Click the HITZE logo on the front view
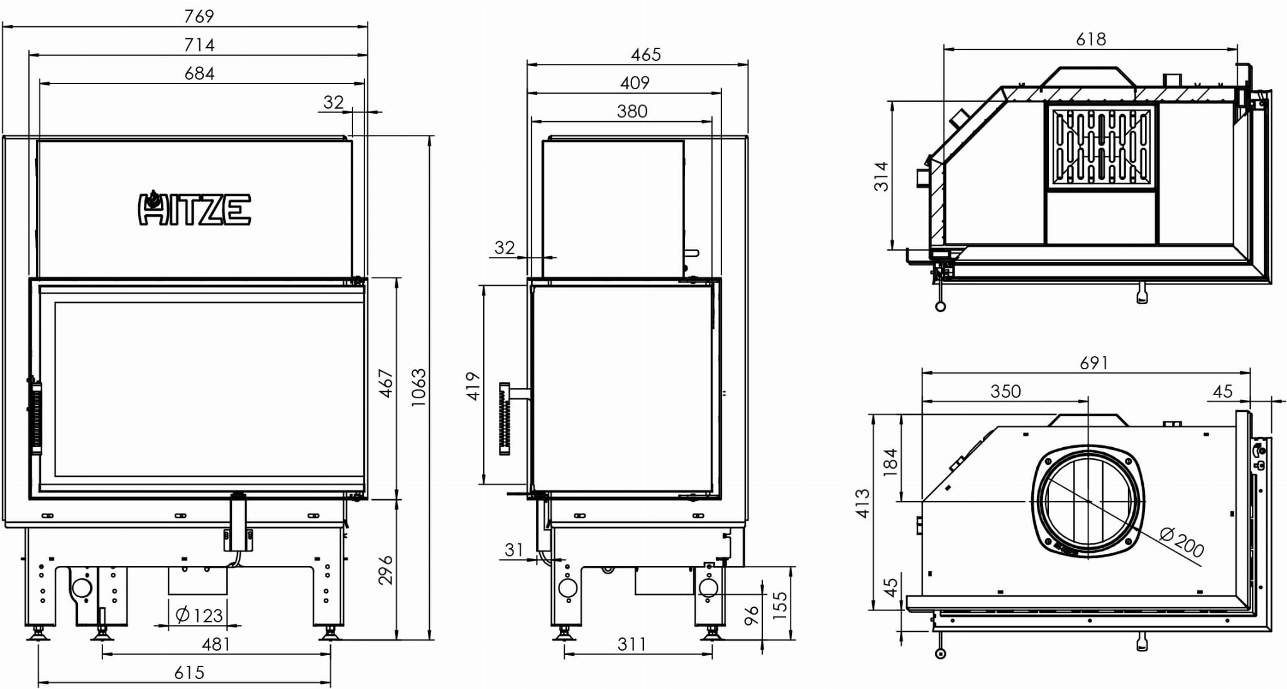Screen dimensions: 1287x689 pos(194,209)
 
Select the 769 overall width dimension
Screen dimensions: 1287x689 pos(199,16)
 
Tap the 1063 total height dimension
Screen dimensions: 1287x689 pos(418,388)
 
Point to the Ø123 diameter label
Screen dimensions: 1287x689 pos(199,614)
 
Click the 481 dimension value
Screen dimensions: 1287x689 pos(216,644)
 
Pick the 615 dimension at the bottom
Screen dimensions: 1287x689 pos(189,673)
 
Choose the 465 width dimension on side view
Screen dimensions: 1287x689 pos(646,55)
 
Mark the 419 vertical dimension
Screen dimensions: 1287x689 pos(473,386)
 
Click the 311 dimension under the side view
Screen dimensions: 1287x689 pos(632,644)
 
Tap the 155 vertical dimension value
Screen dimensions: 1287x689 pos(779,605)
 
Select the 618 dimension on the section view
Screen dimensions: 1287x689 pos(1091,39)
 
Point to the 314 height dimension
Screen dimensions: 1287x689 pos(882,176)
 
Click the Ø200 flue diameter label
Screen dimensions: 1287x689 pos(1182,542)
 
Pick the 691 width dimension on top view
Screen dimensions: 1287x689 pos(1094,363)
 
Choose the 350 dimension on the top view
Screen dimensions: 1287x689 pos(1005,391)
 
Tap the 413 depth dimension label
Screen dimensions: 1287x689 pos(863,503)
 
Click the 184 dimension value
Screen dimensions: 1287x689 pos(890,462)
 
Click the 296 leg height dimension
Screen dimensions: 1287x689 pos(385,570)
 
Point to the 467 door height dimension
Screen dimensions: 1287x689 pos(385,383)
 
